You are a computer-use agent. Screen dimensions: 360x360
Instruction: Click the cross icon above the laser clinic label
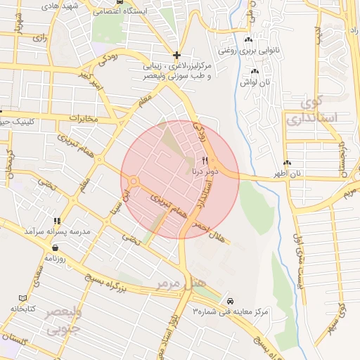tap(176, 55)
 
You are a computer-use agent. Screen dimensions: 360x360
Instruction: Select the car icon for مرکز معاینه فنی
tap(240, 300)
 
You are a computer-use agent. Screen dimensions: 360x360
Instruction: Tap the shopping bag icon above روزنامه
tap(55, 247)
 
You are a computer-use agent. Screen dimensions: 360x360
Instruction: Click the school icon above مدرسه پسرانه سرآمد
tap(58, 220)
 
